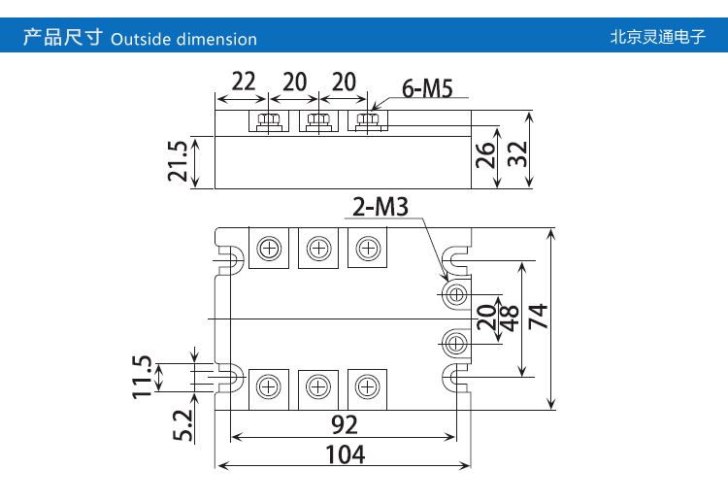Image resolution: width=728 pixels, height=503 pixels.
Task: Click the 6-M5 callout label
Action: pos(426,88)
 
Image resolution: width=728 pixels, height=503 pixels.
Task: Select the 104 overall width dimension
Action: pos(345,453)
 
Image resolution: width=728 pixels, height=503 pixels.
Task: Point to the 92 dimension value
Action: pos(344,424)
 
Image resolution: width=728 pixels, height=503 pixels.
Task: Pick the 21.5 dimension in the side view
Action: pos(176,161)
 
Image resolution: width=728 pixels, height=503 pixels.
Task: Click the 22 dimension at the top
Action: pos(244,82)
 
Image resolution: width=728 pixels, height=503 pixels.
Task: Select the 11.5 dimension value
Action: pos(143,376)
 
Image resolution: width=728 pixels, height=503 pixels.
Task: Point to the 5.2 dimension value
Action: pos(182,423)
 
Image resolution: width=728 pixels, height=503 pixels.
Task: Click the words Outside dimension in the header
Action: pos(184,40)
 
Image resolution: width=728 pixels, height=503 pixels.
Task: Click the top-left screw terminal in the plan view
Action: pos(268,250)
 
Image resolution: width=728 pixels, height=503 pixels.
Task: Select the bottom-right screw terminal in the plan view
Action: pos(367,386)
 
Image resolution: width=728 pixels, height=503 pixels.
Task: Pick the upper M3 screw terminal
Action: pos(455,294)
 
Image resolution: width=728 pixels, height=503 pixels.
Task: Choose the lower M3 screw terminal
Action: pos(455,341)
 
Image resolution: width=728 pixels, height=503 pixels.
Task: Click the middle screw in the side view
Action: pos(317,121)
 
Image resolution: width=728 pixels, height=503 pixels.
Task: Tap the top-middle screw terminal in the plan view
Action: pos(317,250)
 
